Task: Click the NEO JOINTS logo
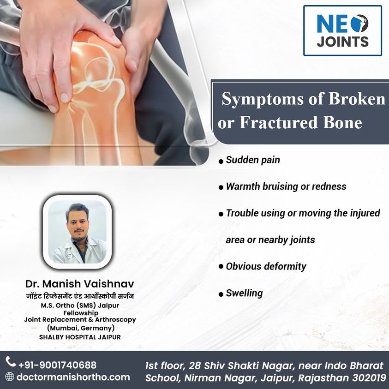(x=342, y=30)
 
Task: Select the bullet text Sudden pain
(x=253, y=161)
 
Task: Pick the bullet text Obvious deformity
(x=266, y=266)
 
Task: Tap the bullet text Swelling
(x=244, y=293)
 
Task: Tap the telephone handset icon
(x=11, y=360)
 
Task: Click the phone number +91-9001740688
(x=57, y=365)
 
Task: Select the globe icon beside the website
(x=10, y=377)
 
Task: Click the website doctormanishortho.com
(x=73, y=377)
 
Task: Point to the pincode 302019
(x=367, y=377)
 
